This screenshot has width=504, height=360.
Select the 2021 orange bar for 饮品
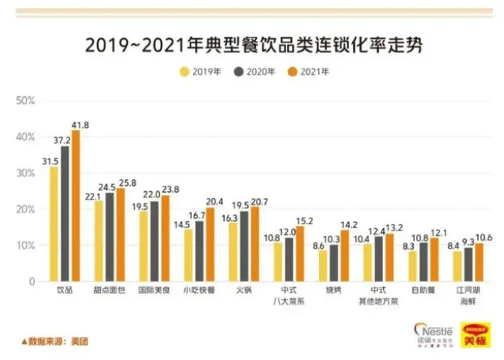pos(76,206)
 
